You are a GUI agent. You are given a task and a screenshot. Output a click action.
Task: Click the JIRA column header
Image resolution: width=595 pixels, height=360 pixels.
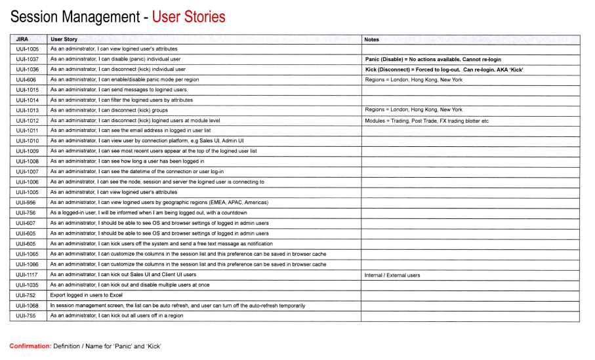tap(22, 39)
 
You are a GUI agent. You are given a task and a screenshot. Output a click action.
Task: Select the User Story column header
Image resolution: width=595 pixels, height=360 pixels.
tap(64, 39)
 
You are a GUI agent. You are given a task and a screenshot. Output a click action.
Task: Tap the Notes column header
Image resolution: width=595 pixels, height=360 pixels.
tap(371, 39)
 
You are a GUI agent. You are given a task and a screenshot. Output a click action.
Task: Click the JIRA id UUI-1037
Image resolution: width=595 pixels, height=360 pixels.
tap(27, 59)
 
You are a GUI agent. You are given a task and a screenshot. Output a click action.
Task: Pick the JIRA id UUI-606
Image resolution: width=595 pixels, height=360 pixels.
tap(26, 79)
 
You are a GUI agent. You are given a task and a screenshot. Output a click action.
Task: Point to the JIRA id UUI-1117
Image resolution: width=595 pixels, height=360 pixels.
tap(27, 275)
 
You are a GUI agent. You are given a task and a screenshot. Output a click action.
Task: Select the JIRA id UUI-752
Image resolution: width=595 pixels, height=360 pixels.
tap(26, 295)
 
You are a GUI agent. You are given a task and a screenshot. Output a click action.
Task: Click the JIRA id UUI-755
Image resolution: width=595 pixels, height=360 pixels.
tap(26, 315)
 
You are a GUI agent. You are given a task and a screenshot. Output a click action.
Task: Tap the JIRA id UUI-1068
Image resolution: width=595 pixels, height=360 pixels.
tap(27, 306)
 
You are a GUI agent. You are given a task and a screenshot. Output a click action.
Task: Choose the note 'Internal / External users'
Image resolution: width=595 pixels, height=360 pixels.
tap(392, 275)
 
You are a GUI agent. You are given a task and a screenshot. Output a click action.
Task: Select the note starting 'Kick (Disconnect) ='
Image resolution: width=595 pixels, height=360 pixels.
tap(444, 70)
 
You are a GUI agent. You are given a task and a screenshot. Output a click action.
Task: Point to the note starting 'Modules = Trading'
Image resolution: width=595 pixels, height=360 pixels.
tap(426, 121)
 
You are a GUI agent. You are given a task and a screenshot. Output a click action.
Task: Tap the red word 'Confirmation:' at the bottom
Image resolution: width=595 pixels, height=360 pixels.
tap(30, 346)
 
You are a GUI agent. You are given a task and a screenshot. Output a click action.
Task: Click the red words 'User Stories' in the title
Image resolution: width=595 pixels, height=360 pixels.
tap(188, 16)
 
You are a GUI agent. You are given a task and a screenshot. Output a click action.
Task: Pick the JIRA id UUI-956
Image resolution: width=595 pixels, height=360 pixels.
tap(26, 203)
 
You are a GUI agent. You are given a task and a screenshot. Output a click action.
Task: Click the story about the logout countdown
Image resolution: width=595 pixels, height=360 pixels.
tap(148, 213)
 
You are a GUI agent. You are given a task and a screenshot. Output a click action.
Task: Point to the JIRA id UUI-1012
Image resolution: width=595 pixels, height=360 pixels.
tap(27, 121)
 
